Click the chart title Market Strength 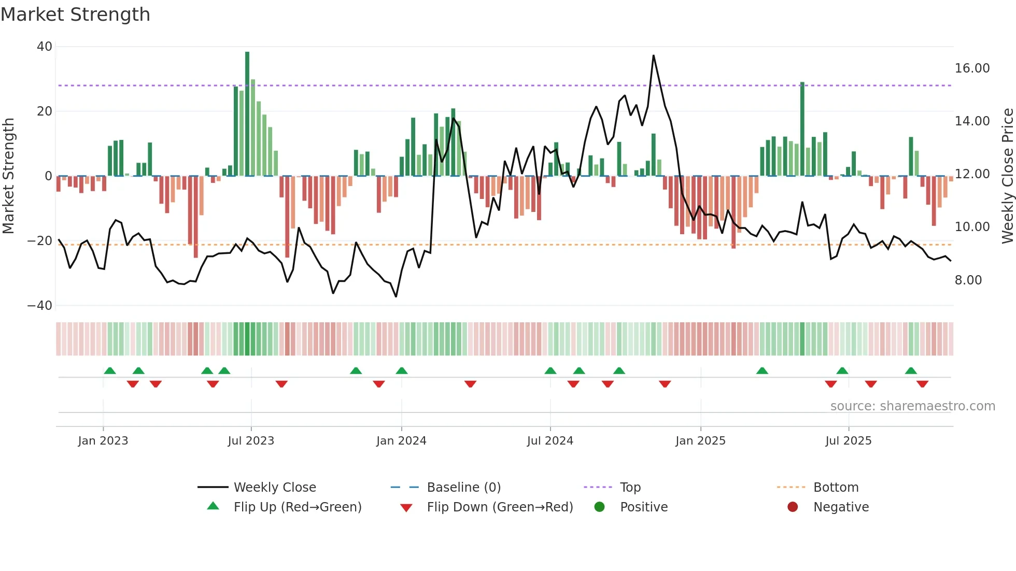[75, 15]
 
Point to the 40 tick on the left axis [45, 47]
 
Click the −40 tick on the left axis [40, 306]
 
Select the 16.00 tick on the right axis [972, 68]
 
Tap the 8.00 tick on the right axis [968, 280]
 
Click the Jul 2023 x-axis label [251, 441]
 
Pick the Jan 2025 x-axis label [700, 441]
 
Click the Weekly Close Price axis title [1007, 176]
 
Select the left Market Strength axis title [9, 176]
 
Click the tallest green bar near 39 [247, 114]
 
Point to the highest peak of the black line [653, 55]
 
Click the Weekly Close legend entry [274, 488]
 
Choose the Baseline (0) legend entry [463, 488]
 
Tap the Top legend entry [630, 488]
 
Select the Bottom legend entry [836, 488]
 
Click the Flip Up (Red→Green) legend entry [297, 507]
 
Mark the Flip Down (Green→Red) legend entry [499, 507]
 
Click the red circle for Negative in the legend [793, 507]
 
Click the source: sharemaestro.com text [912, 406]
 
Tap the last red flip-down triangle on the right [922, 384]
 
